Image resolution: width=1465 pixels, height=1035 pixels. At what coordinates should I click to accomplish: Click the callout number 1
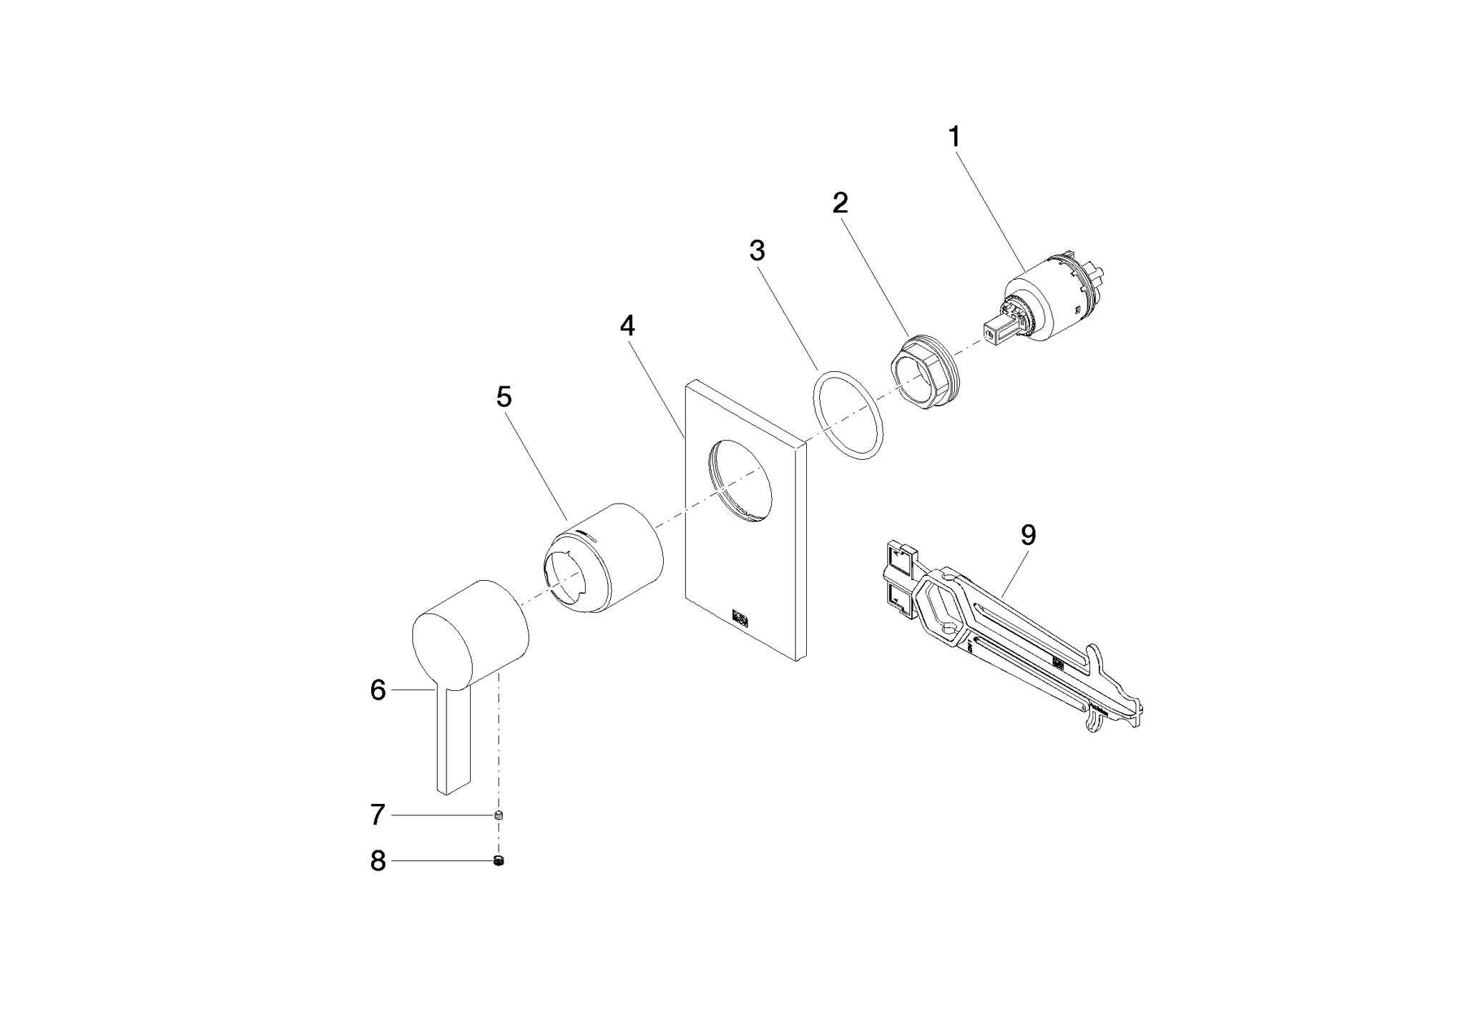click(954, 137)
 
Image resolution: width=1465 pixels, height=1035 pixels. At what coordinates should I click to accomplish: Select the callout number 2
click(840, 204)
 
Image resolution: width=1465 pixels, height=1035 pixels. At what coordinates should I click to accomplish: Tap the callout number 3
click(757, 251)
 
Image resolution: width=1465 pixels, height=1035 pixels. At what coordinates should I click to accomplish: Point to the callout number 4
click(627, 326)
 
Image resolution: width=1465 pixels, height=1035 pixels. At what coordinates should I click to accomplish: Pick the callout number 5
click(504, 397)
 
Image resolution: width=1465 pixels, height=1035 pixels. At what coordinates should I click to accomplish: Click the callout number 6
click(378, 690)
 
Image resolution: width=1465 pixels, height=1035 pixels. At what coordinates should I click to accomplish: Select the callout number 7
click(378, 815)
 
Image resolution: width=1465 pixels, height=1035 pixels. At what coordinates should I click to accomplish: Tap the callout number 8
click(378, 861)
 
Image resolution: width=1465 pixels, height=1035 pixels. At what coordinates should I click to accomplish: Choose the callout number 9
click(1028, 535)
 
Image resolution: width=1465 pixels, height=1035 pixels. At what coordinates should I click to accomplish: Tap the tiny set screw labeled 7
click(499, 815)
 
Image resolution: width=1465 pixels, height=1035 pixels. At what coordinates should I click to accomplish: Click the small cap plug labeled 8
click(499, 861)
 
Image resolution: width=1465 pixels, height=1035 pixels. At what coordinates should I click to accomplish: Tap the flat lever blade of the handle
click(453, 737)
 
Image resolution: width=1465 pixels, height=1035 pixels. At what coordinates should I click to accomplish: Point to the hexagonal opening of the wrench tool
click(942, 608)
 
